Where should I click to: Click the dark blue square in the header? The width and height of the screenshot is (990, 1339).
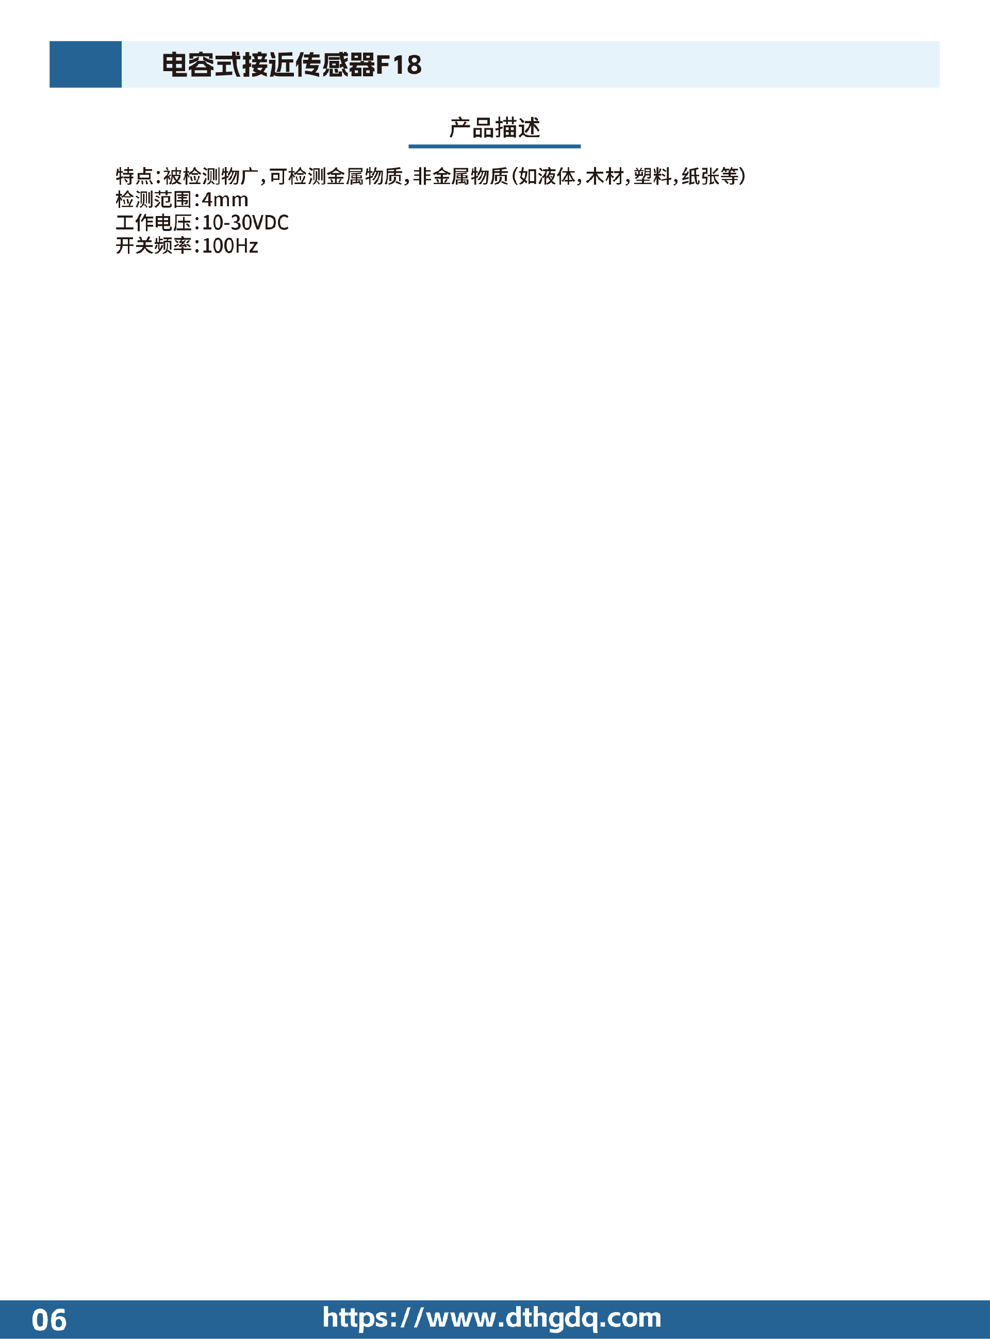(85, 64)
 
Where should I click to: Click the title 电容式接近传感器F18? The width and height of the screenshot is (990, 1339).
(292, 64)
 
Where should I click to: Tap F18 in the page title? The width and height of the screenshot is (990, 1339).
(399, 64)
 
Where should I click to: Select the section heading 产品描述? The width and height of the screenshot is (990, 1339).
(494, 127)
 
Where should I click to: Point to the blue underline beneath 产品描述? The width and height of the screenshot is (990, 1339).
(494, 146)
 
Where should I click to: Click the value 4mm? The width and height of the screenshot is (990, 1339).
(225, 200)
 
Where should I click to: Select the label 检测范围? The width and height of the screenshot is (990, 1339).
(154, 200)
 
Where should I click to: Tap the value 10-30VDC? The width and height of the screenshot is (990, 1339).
(245, 223)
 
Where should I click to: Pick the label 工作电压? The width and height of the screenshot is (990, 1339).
(154, 223)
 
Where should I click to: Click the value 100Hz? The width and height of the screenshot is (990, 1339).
(230, 245)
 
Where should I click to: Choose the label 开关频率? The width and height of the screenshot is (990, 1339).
(154, 245)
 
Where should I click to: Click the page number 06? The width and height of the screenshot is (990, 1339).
(49, 1320)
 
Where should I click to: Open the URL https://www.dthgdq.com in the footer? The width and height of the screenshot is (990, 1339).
(492, 1318)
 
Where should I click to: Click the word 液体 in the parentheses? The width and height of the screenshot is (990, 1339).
(557, 176)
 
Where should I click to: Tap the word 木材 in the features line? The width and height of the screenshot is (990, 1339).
(605, 176)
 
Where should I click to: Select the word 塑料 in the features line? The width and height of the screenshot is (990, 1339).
(653, 176)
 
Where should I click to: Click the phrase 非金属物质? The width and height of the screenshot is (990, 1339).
(461, 176)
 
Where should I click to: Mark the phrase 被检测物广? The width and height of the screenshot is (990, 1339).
(211, 176)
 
